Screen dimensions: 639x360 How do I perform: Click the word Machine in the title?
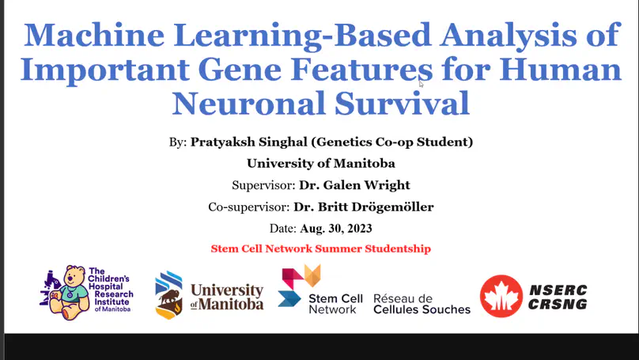[x=94, y=35]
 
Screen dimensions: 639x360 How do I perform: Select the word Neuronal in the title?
[x=248, y=104]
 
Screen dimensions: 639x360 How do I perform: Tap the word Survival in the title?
[x=403, y=104]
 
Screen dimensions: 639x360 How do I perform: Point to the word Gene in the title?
[x=240, y=70]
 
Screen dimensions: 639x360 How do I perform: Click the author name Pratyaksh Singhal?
[x=248, y=142]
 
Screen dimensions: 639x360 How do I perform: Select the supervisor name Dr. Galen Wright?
[x=354, y=185]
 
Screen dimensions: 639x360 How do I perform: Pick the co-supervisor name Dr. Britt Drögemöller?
[x=364, y=207]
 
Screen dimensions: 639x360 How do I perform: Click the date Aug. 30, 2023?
[x=336, y=229]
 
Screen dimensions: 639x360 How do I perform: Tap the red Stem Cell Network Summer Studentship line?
[x=321, y=248]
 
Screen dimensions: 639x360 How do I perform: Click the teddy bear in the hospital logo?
[x=72, y=292]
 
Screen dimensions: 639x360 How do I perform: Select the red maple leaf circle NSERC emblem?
[x=501, y=296]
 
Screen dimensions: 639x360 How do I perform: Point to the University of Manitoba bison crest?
[x=168, y=295]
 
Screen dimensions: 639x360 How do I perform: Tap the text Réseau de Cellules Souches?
[x=422, y=304]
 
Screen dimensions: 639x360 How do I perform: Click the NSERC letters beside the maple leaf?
[x=558, y=290]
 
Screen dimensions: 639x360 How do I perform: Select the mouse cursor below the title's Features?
[x=422, y=84]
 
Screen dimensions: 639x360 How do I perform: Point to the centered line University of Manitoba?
[x=321, y=164]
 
